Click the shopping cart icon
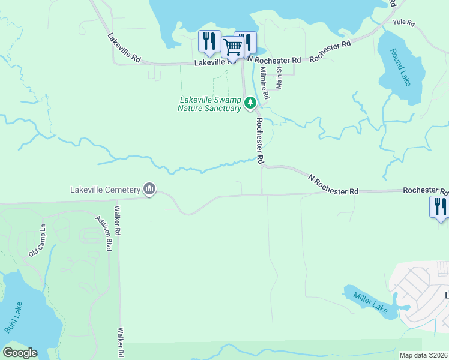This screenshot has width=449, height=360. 232,46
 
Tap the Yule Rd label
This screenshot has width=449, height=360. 403,23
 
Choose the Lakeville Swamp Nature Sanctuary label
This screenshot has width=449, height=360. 209,104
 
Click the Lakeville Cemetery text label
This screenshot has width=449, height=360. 105,190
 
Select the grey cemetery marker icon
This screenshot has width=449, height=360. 149,190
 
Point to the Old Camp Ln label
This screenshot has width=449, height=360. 37,241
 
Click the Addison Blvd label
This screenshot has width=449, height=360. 103,233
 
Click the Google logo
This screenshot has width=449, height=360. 20,353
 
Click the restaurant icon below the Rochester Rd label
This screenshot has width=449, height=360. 440,207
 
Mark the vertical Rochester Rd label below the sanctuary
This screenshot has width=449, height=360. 260,140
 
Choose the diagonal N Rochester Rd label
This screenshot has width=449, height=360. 333,184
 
